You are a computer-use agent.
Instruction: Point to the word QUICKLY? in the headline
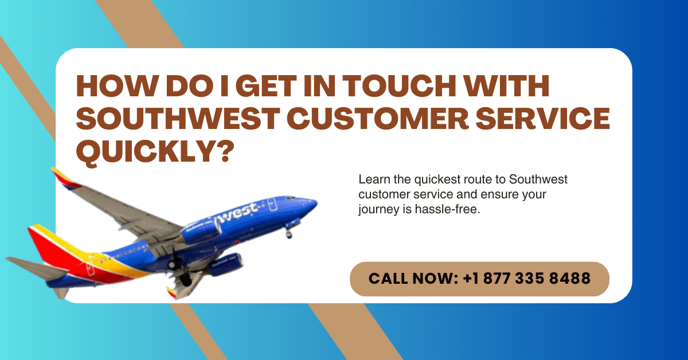155,151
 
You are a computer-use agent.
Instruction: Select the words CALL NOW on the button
411,278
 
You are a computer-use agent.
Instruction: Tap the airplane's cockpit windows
290,198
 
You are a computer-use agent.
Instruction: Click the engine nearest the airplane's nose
201,232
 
